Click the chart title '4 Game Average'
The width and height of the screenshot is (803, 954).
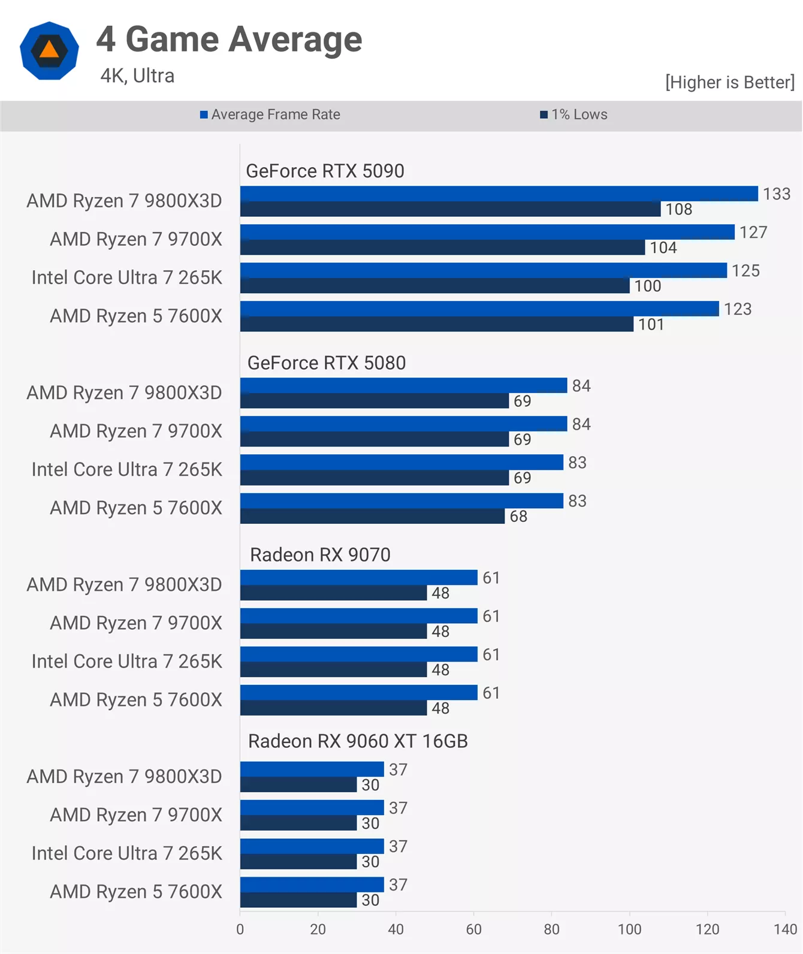click(229, 40)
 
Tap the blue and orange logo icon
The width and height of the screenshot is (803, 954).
click(49, 51)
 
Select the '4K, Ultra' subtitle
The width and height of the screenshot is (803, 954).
click(137, 76)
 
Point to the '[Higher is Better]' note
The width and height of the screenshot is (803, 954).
click(729, 82)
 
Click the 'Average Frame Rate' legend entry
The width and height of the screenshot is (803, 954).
click(270, 114)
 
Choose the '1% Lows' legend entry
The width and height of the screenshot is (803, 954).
click(574, 114)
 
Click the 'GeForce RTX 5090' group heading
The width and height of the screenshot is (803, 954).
click(325, 171)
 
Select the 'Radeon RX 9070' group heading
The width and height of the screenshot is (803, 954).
click(320, 555)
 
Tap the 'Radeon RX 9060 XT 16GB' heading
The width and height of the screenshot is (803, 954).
click(358, 741)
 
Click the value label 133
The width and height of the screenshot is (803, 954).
click(777, 194)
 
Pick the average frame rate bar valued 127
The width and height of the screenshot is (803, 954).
click(487, 232)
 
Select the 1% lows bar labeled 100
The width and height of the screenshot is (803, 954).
click(434, 286)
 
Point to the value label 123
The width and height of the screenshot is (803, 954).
click(737, 309)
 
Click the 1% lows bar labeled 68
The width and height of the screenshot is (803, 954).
click(372, 517)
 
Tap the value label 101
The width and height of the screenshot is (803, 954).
click(651, 325)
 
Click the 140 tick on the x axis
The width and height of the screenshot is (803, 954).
click(785, 929)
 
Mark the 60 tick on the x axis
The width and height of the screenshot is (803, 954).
click(473, 929)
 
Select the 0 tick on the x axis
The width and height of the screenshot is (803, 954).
click(240, 929)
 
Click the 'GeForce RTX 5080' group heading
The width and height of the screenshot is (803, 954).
click(327, 363)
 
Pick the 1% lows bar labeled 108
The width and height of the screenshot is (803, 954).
click(449, 209)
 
